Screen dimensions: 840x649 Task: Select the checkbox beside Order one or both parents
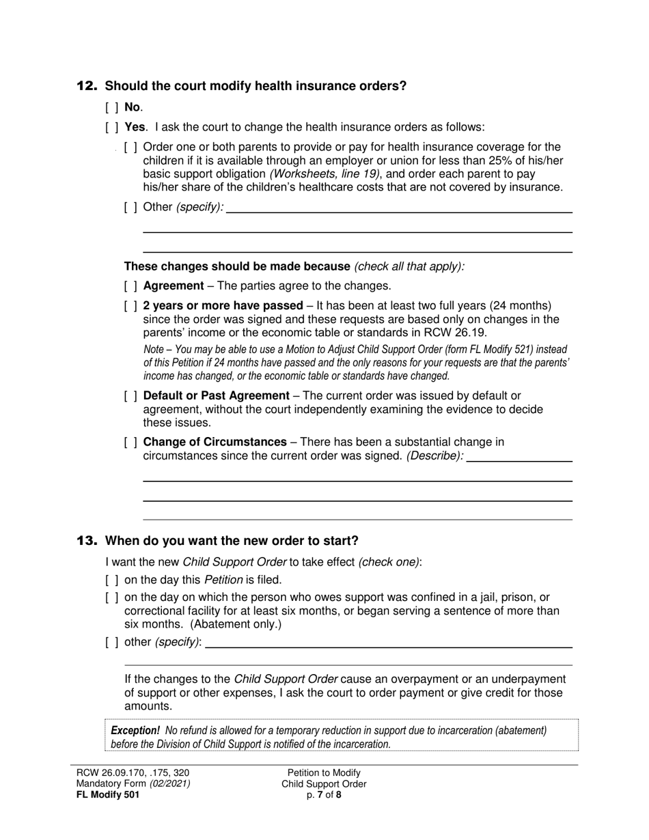coord(130,147)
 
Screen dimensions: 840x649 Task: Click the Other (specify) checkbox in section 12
coord(130,207)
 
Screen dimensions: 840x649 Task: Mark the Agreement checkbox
coord(130,286)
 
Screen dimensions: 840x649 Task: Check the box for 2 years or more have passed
coord(130,306)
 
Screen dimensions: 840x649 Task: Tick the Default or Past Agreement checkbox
coord(130,396)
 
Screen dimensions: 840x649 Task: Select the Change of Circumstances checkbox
coord(130,443)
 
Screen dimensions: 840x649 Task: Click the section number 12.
coord(87,86)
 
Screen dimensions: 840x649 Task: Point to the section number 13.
coord(87,541)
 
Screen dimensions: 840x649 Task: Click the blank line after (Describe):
coord(519,461)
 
